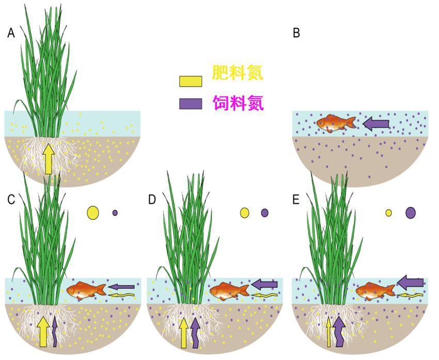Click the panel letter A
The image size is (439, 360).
click(x=11, y=34)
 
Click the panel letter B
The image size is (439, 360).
click(x=296, y=34)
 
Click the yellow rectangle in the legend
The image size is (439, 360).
click(x=190, y=81)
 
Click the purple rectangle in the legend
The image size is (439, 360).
click(x=190, y=103)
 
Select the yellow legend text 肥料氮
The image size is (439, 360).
click(x=238, y=73)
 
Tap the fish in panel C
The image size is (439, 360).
click(x=86, y=291)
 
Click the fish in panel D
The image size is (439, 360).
click(x=229, y=291)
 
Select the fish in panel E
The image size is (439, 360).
click(x=375, y=291)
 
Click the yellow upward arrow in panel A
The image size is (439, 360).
click(x=49, y=159)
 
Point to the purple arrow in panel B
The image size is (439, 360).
click(x=377, y=123)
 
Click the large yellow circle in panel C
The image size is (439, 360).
click(x=93, y=212)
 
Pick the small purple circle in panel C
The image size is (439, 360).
click(x=115, y=212)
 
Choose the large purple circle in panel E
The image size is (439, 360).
click(x=411, y=212)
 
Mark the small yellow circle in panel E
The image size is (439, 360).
click(x=388, y=212)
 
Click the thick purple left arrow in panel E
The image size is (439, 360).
click(x=411, y=283)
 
